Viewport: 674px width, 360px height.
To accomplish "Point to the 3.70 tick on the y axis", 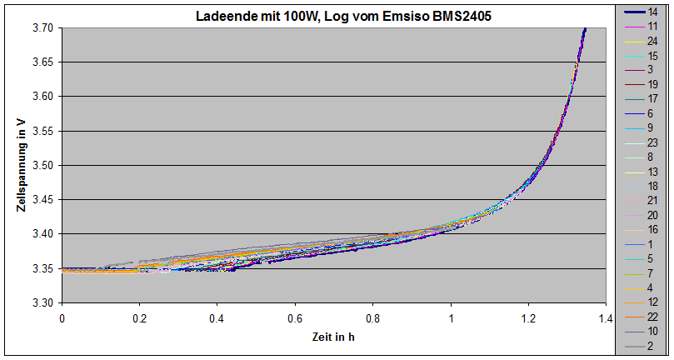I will click(43, 28).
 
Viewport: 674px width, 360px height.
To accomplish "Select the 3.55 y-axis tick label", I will click(43, 131).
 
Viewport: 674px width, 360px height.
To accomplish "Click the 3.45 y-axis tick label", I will click(43, 200).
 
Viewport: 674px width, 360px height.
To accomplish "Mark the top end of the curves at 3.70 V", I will click(585, 29).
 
